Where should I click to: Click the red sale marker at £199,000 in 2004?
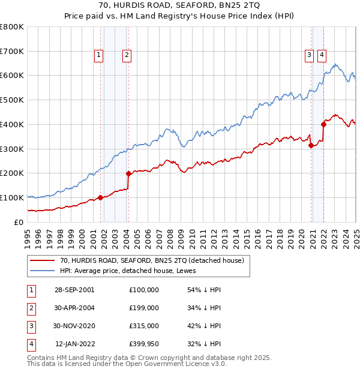[128, 173]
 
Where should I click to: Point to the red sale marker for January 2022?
[323, 124]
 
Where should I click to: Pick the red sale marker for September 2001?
[100, 197]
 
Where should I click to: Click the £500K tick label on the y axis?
[12, 100]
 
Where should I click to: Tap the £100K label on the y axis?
[12, 197]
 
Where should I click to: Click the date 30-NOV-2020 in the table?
[74, 326]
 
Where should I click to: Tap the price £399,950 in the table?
[144, 344]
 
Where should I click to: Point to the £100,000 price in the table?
[144, 290]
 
